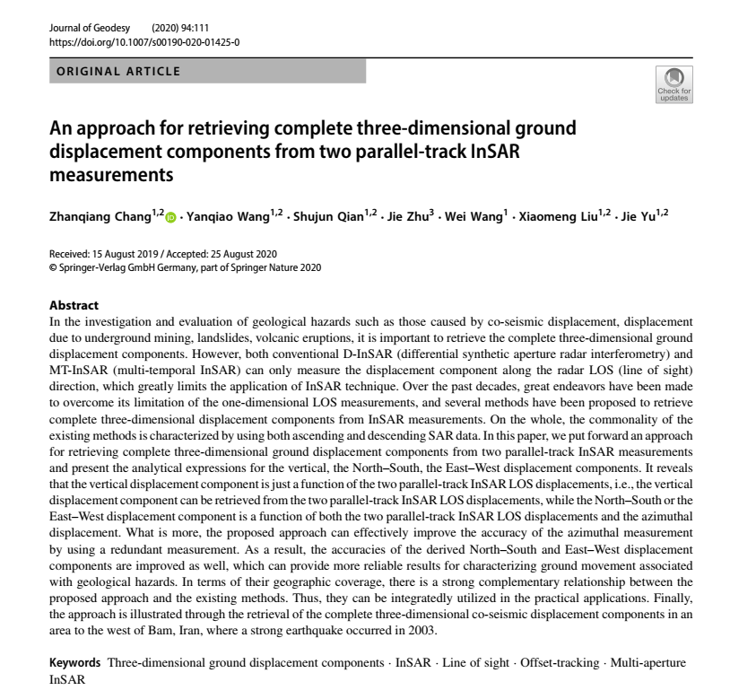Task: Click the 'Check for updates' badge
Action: pos(674,84)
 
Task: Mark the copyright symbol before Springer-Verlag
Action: pos(52,267)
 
